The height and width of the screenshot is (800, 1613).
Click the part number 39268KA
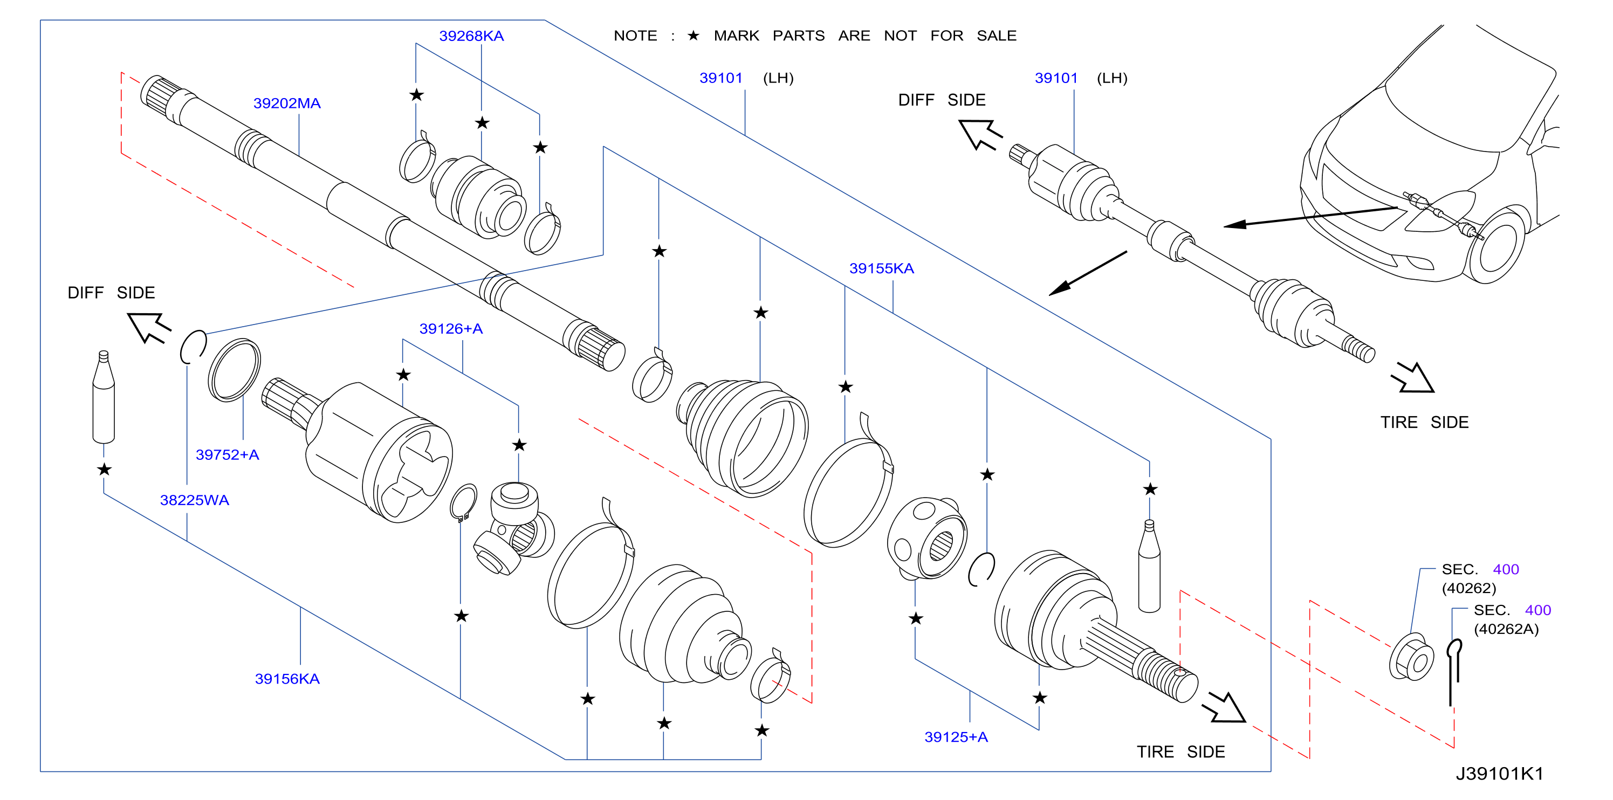point(471,36)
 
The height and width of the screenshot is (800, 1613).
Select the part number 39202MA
point(287,104)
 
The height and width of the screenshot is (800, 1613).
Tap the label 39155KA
point(881,268)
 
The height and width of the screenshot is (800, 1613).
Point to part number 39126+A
point(451,329)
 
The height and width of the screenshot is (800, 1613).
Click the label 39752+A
point(227,454)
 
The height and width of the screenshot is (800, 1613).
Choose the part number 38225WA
point(194,500)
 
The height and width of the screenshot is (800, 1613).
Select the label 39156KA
point(287,679)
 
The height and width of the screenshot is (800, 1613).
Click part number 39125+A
point(956,737)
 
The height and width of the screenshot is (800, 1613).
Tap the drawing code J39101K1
point(1499,774)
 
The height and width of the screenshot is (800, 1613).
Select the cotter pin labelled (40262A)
point(1453,671)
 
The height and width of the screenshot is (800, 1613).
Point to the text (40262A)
point(1506,629)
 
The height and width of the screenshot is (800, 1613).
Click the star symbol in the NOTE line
point(693,36)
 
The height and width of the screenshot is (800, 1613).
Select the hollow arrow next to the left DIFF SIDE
point(149,327)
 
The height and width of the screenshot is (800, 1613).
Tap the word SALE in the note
point(996,36)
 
